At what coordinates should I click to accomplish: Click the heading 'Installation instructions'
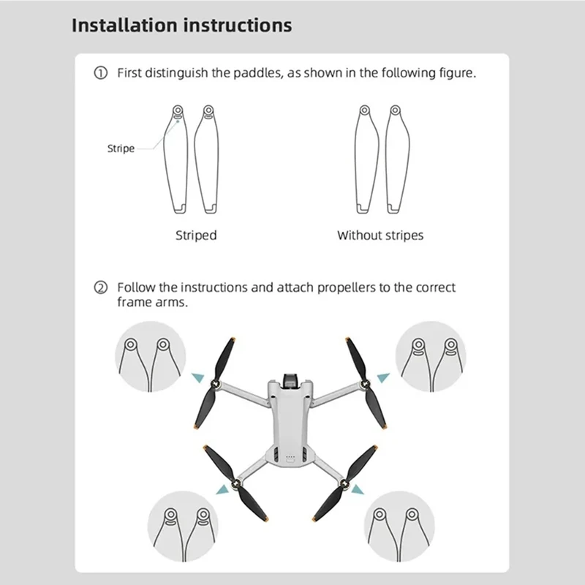coord(181,26)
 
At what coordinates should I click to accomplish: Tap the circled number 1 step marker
coord(102,74)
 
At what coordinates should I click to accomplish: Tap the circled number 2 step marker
coord(102,287)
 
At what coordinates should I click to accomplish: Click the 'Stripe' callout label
coord(121,148)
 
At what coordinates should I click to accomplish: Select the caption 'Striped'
coord(196,235)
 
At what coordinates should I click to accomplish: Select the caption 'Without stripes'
coord(380,235)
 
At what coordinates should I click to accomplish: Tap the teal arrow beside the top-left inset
coord(196,377)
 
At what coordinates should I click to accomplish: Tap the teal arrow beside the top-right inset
coord(383,377)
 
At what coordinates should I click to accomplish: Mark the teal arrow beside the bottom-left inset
coord(219,488)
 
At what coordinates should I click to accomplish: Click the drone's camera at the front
coord(290,381)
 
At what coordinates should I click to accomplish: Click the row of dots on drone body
coord(290,461)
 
